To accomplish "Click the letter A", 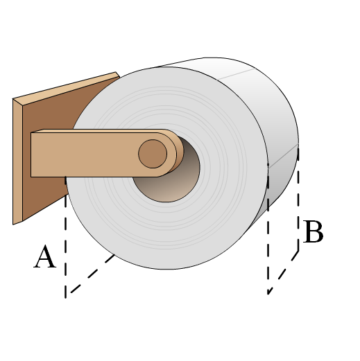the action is (45, 256).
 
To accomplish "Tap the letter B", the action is (313, 231).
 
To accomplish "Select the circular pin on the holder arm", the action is (153, 154).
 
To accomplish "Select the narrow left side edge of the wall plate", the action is (17, 161).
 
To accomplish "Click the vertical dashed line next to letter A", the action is (66, 237).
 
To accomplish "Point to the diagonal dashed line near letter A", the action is (92, 274).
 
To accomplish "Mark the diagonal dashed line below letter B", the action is (283, 272).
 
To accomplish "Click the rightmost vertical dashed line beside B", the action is (298, 199).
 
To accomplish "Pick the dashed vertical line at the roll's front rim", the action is (268, 229).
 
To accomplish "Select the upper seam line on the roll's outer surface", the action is (236, 74).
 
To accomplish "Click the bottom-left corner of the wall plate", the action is (13, 224).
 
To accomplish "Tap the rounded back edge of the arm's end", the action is (178, 152).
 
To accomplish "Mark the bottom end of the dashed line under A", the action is (66, 298).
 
